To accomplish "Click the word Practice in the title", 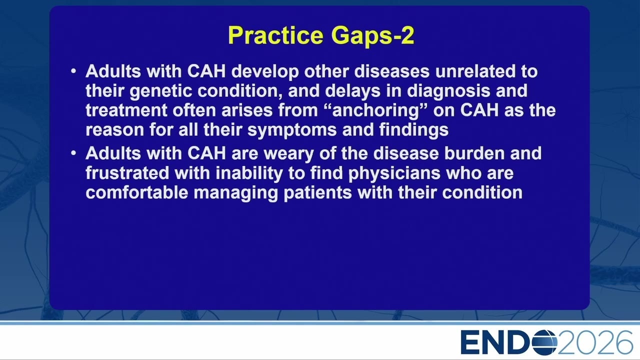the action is (275, 35).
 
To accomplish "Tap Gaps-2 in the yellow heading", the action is (373, 35).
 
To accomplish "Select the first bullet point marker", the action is (73, 71).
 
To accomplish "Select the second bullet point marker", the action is (73, 153).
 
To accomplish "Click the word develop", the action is (265, 71).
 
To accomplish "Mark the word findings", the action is (414, 130).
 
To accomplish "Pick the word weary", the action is (289, 154).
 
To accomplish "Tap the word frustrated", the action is (127, 173).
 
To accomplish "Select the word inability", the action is (249, 173).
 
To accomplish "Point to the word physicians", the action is (394, 173).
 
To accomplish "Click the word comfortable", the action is (137, 192).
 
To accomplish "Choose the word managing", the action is (235, 193).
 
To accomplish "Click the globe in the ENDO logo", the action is (544, 342).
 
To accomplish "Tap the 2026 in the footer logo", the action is (595, 342).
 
